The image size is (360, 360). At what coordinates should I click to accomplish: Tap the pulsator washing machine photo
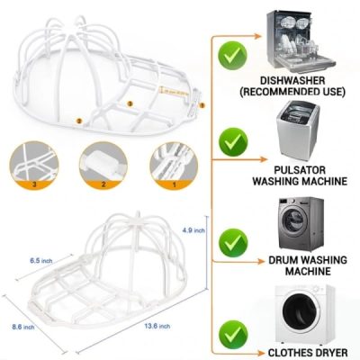pyautogui.click(x=296, y=130)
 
